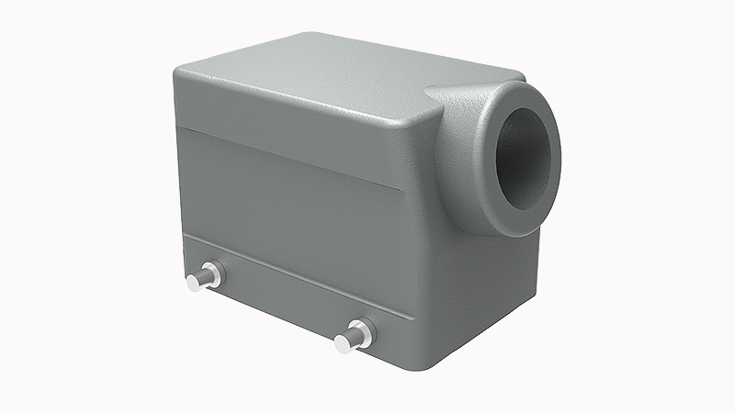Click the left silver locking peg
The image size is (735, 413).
(203, 278)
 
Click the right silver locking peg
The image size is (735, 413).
(353, 338)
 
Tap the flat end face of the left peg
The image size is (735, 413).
(193, 282)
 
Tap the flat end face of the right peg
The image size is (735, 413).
(342, 344)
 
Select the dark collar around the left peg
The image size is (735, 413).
(213, 273)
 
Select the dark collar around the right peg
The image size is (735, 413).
(364, 331)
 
